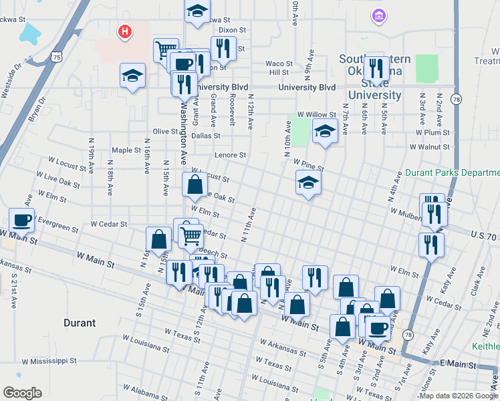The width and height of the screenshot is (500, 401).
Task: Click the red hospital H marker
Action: [124, 31]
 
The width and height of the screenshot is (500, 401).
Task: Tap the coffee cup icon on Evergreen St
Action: [21, 220]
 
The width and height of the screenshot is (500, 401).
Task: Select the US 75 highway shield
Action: [57, 58]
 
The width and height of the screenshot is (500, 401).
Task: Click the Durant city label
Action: [79, 323]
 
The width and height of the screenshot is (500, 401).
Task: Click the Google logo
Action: [22, 393]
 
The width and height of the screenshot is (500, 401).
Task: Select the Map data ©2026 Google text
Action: [459, 396]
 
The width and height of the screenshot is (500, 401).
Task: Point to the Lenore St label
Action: [230, 155]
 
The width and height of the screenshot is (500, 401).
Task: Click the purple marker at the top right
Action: [379, 15]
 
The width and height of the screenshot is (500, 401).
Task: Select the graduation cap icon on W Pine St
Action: [309, 181]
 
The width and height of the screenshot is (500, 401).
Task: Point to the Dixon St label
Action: [233, 30]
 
